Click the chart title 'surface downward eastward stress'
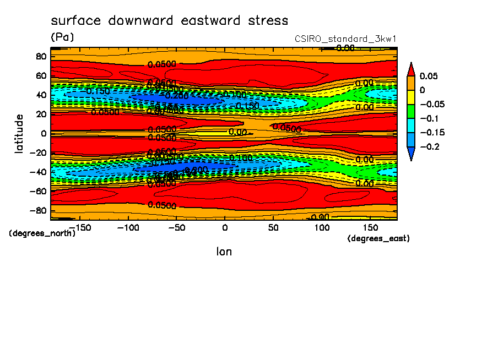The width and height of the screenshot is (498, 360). pyautogui.click(x=169, y=21)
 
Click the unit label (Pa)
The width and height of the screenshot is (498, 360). pyautogui.click(x=62, y=37)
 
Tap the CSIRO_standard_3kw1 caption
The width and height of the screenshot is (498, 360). pyautogui.click(x=346, y=39)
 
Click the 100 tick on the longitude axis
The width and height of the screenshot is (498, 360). pyautogui.click(x=322, y=227)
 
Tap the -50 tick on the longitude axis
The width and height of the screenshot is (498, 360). pyautogui.click(x=176, y=227)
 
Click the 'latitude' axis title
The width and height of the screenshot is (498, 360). pyautogui.click(x=20, y=133)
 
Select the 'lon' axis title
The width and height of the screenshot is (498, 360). pyautogui.click(x=224, y=252)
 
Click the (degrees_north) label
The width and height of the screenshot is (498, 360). pyautogui.click(x=42, y=233)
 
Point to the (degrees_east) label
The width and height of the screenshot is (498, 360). pyautogui.click(x=378, y=238)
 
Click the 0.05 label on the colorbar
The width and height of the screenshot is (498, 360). pyautogui.click(x=429, y=76)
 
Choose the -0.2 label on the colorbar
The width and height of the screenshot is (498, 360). pyautogui.click(x=429, y=146)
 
